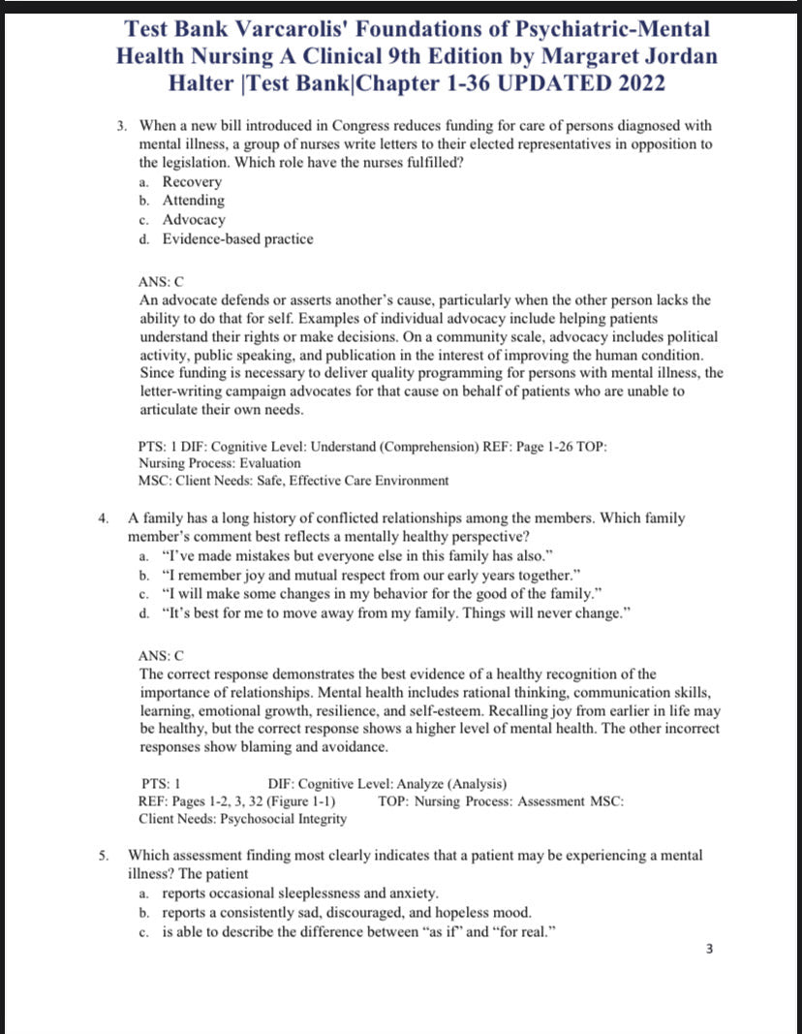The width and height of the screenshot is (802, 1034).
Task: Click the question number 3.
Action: pos(122,126)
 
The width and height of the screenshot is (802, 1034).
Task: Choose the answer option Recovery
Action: pos(192,181)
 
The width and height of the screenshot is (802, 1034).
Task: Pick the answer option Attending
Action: pos(193,201)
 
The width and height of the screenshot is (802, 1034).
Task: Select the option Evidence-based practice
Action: pos(237,238)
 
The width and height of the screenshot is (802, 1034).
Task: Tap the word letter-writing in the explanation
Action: pos(180,392)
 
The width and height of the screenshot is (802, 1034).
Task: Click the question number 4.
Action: pos(104,518)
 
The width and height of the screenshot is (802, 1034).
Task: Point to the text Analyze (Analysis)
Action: pos(452,784)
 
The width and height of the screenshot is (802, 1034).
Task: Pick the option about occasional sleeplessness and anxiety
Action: pos(299,893)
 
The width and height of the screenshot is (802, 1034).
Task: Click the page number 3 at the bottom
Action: pos(709,949)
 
